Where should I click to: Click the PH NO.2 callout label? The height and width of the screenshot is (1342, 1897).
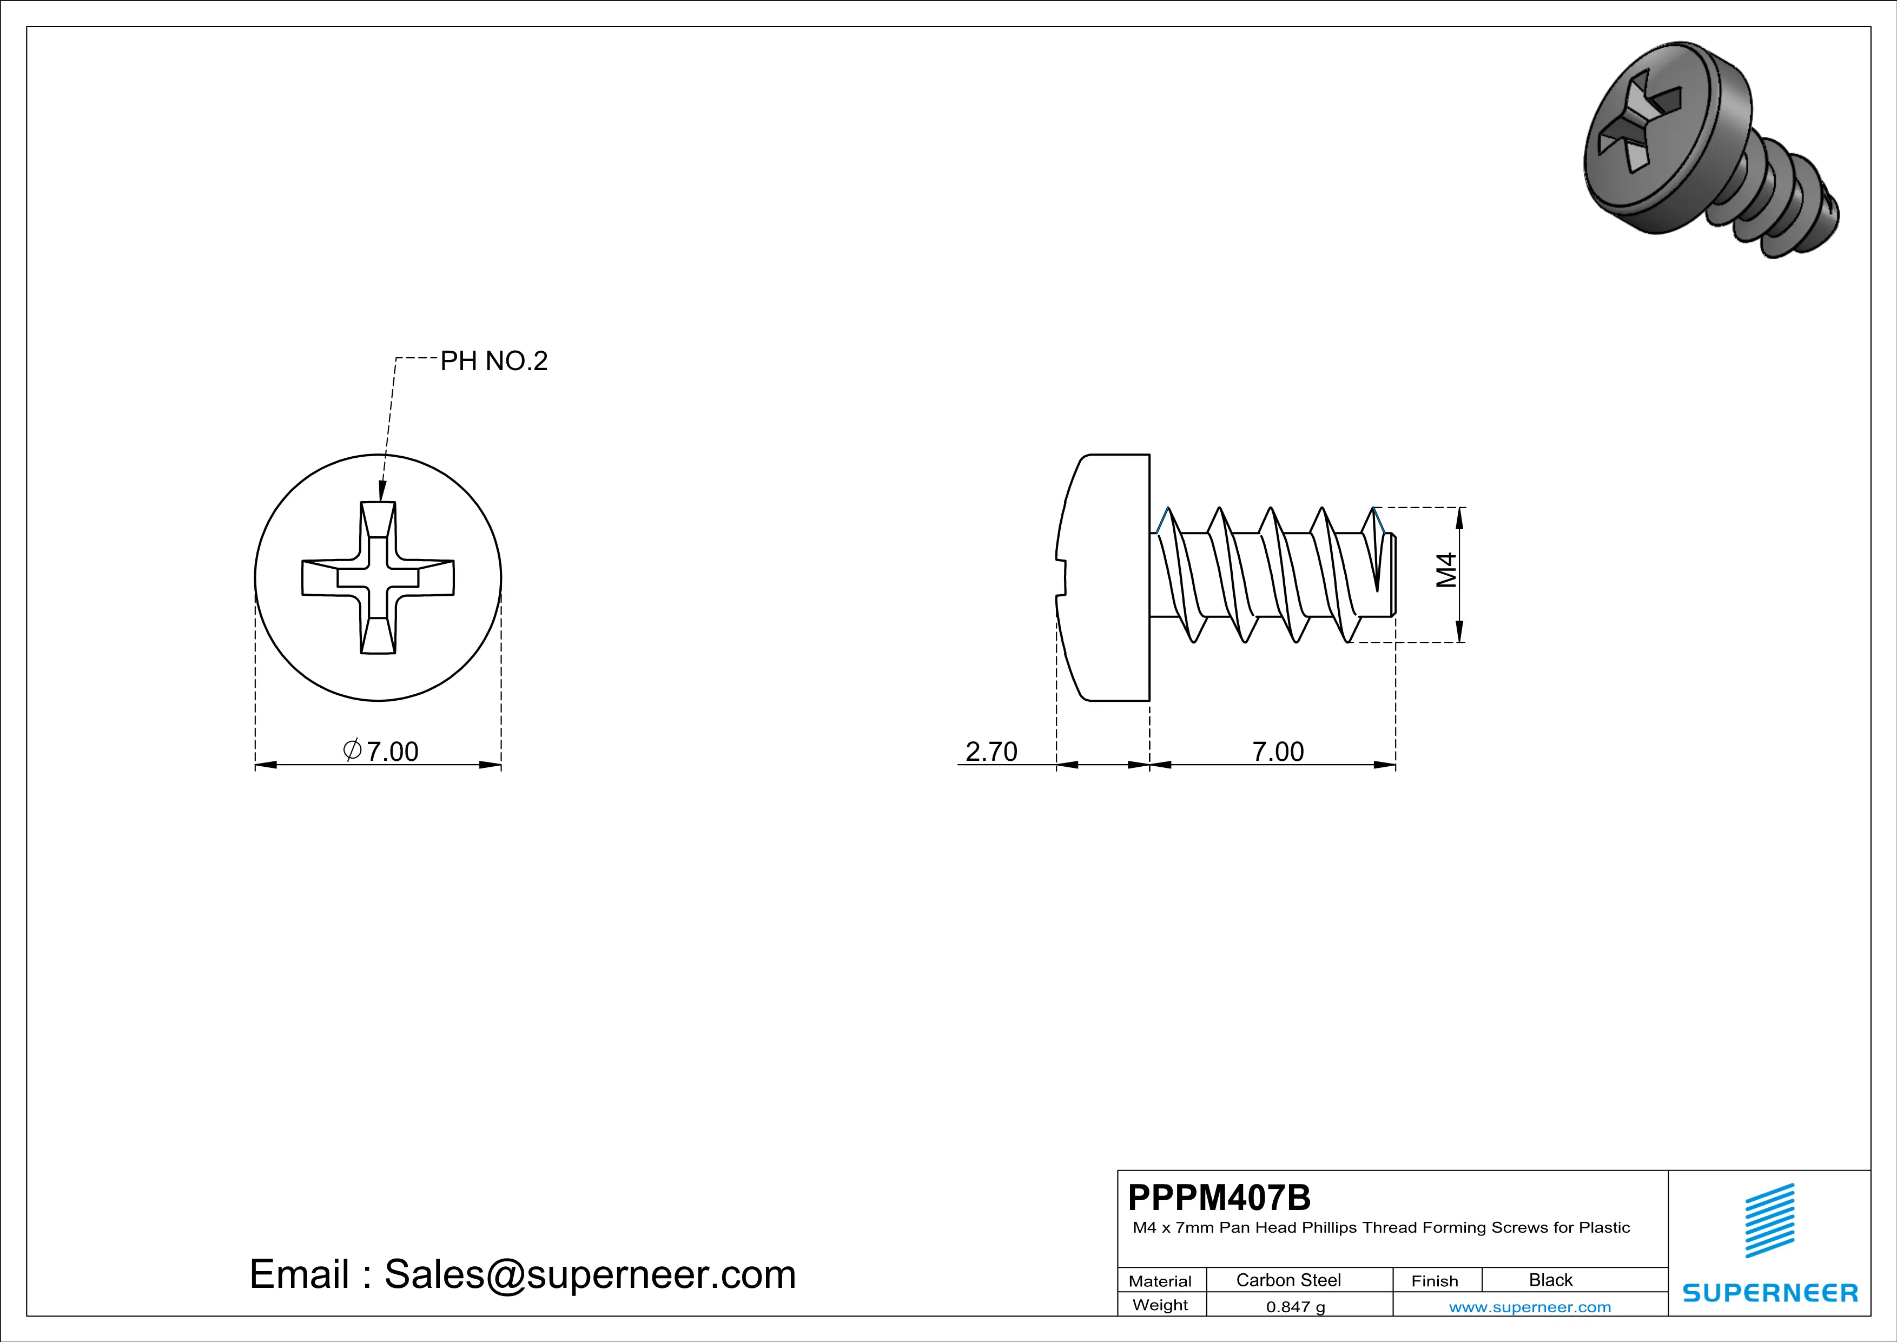point(493,361)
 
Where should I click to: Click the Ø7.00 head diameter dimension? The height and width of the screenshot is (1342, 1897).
point(381,751)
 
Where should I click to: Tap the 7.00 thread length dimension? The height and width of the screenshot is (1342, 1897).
point(1277,751)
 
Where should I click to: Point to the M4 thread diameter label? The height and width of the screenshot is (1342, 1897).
point(1446,570)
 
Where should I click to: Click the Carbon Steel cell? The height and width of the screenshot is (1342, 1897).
point(1288,1280)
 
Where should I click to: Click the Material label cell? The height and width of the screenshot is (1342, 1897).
point(1160,1281)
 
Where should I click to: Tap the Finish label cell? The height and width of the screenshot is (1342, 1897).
point(1435,1281)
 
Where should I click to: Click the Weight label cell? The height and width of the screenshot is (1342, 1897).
point(1160,1305)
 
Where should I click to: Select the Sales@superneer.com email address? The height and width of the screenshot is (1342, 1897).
point(590,1274)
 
